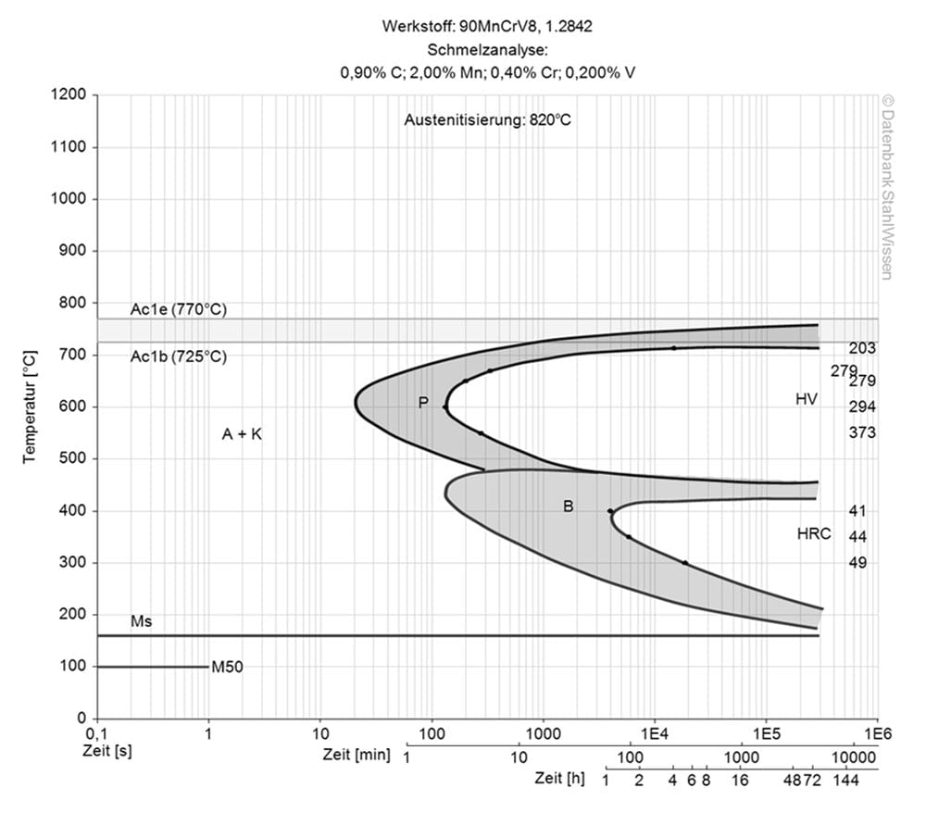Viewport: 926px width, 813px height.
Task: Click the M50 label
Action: coord(227,667)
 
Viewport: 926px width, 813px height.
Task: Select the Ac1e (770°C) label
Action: coord(177,310)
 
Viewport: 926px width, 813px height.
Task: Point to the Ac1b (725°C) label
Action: coord(177,356)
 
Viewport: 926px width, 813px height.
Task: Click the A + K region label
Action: coord(242,433)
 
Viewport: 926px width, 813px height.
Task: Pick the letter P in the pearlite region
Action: coord(423,402)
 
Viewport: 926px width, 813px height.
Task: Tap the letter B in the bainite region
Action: coord(569,507)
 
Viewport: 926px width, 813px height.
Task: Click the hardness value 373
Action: coord(862,432)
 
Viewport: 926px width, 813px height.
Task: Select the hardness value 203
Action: coord(862,348)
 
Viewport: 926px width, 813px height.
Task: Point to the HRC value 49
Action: coord(857,562)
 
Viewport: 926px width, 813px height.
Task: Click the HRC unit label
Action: coord(813,534)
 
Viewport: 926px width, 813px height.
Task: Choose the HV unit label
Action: coord(807,399)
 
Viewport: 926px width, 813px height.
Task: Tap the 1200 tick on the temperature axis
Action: coord(69,95)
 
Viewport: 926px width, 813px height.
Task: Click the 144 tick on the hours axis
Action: coord(845,781)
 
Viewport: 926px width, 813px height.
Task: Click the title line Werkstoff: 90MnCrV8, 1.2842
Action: coord(487,26)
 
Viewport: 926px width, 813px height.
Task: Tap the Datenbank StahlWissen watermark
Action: coord(886,187)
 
